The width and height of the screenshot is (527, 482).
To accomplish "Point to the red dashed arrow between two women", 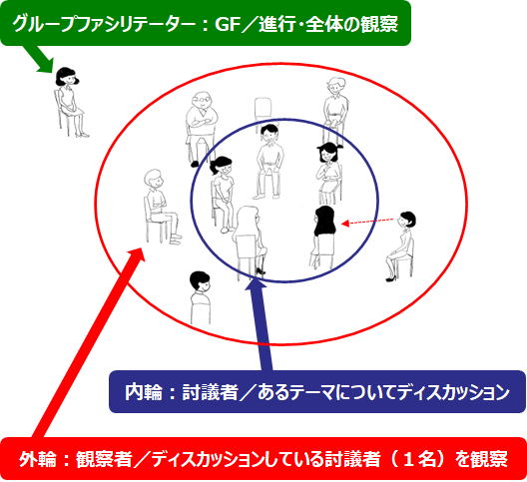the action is tap(367, 222).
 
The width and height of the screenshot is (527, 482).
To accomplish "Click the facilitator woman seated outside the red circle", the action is tap(70, 102).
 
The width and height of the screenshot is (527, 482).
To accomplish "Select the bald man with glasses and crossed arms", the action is tap(201, 129).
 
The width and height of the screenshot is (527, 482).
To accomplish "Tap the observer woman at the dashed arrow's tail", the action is tap(400, 246).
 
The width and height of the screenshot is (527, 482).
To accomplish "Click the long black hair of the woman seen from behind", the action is tap(325, 221).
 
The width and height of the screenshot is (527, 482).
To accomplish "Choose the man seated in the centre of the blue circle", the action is tap(268, 162).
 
